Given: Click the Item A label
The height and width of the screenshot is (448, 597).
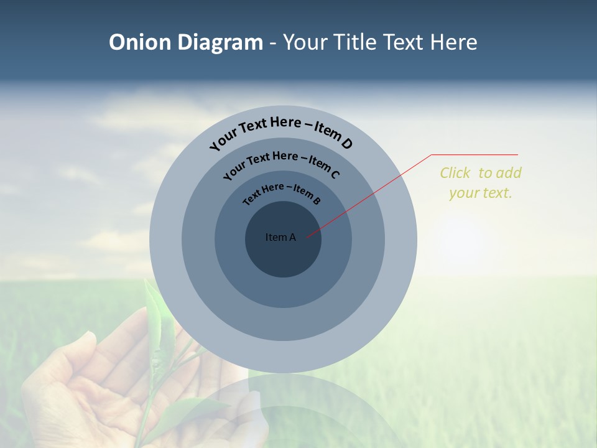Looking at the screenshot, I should point(280,237).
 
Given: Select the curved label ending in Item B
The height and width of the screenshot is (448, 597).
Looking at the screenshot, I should point(282,192).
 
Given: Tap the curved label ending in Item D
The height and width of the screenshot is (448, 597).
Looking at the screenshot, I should point(281,131).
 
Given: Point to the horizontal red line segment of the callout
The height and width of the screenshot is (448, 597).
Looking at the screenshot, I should point(474,154).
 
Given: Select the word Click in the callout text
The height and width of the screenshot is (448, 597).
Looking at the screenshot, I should point(455,173).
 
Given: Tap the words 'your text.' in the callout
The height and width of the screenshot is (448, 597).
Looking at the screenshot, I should point(480,193).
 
